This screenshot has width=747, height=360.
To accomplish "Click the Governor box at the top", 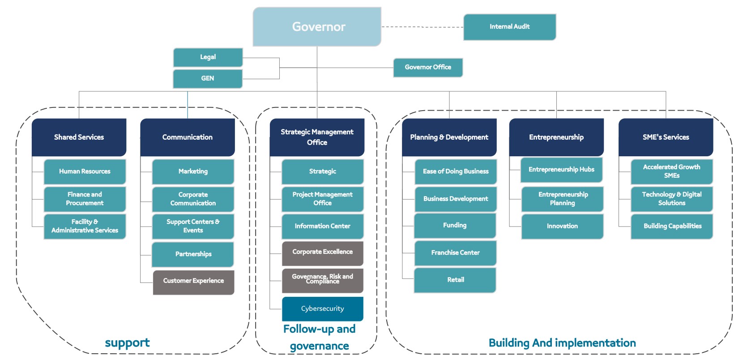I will pyautogui.click(x=317, y=27).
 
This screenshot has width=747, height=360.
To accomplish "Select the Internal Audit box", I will pyautogui.click(x=509, y=27).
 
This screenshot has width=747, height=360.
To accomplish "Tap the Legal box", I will pyautogui.click(x=208, y=57).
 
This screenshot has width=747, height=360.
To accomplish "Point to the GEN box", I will pyautogui.click(x=208, y=78).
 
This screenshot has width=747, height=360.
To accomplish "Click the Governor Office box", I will pyautogui.click(x=428, y=67).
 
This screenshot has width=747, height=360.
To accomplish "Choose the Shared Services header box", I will pyautogui.click(x=79, y=137).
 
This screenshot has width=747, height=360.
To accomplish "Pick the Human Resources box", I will pyautogui.click(x=85, y=171).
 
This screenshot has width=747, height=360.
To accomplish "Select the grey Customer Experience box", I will pyautogui.click(x=193, y=281).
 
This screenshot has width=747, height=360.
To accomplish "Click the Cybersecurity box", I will pyautogui.click(x=322, y=309).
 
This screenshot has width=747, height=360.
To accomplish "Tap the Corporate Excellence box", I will pyautogui.click(x=322, y=253).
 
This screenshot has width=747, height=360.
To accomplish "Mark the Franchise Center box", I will pyautogui.click(x=455, y=253).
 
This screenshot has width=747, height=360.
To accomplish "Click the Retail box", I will pyautogui.click(x=455, y=280).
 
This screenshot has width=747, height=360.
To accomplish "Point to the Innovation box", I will pyautogui.click(x=562, y=226).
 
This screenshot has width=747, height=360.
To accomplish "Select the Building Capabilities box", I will pyautogui.click(x=672, y=226).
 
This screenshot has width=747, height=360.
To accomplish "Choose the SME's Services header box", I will pyautogui.click(x=666, y=137).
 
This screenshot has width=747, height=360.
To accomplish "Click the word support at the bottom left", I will pyautogui.click(x=127, y=343).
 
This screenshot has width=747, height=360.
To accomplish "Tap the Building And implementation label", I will pyautogui.click(x=562, y=343).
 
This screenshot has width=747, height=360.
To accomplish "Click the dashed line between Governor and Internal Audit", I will pyautogui.click(x=422, y=27).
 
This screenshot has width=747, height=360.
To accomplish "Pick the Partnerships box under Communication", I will pyautogui.click(x=193, y=254).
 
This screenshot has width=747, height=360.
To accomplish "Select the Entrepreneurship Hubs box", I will pyautogui.click(x=561, y=170).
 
